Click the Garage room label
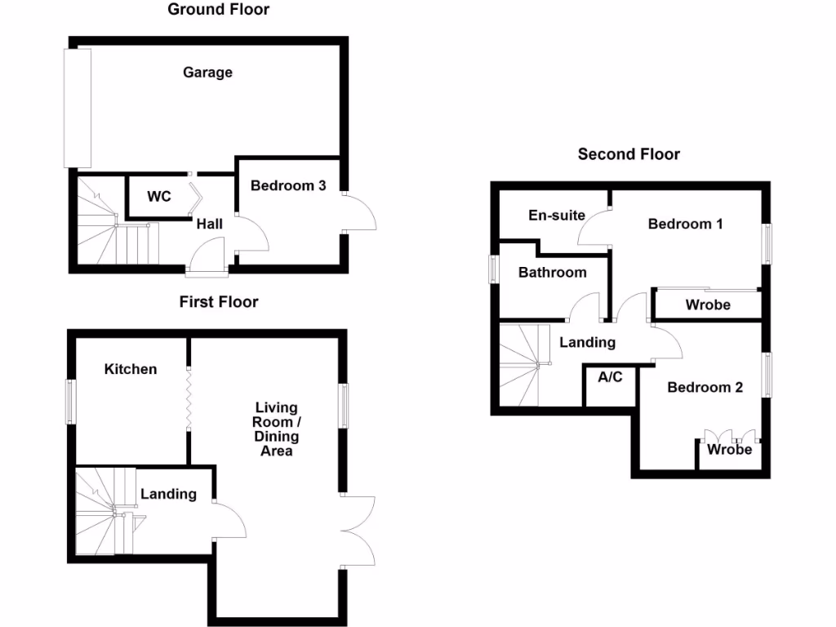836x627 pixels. click(x=207, y=73)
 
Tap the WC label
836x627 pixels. click(x=158, y=197)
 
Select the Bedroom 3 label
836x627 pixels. click(x=288, y=186)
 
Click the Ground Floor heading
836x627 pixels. click(x=218, y=10)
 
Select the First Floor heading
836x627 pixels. click(x=219, y=302)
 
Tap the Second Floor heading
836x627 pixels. click(x=629, y=154)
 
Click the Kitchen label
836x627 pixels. click(x=131, y=369)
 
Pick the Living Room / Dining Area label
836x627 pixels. click(x=277, y=429)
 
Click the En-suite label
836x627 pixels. click(x=557, y=216)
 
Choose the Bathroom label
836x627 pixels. click(x=553, y=272)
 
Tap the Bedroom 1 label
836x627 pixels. click(x=685, y=224)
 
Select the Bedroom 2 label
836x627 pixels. click(x=705, y=387)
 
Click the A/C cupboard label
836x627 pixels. click(x=611, y=378)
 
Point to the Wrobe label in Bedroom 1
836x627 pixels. click(x=708, y=305)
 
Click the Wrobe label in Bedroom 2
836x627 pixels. click(x=729, y=450)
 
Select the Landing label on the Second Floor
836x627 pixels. click(x=587, y=343)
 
